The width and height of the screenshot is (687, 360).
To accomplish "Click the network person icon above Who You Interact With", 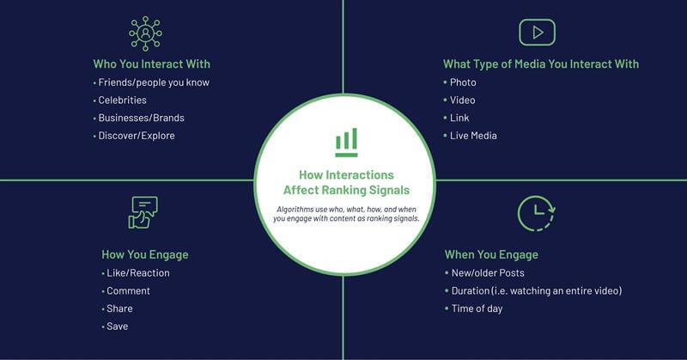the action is point(145,34).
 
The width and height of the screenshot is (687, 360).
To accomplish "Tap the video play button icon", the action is point(538,33).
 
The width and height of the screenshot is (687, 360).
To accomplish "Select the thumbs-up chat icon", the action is point(143,213).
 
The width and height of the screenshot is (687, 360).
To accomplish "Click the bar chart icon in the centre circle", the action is point(346,143).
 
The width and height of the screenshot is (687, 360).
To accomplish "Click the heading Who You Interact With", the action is point(152,64).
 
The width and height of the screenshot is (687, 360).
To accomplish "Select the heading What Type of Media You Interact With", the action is point(541,64).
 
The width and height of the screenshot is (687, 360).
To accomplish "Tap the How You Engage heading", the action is point(145,255).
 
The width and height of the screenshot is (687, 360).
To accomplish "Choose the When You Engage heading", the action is point(491,255).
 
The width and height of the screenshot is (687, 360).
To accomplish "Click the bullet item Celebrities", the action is point(122,100).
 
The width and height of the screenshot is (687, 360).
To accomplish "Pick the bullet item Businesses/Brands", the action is point(141,118).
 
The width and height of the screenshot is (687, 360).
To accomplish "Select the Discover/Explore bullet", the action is point(137,136).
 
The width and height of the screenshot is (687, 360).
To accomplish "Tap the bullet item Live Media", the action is point(473,136).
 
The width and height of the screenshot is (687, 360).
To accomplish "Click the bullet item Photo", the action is point(463,82).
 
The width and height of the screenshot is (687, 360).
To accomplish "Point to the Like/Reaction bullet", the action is point(138,272).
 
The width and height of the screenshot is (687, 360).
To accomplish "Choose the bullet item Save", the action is point(118,326).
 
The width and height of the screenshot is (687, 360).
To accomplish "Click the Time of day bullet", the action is point(477,308).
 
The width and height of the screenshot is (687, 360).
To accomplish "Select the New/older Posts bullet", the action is point(488,272).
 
